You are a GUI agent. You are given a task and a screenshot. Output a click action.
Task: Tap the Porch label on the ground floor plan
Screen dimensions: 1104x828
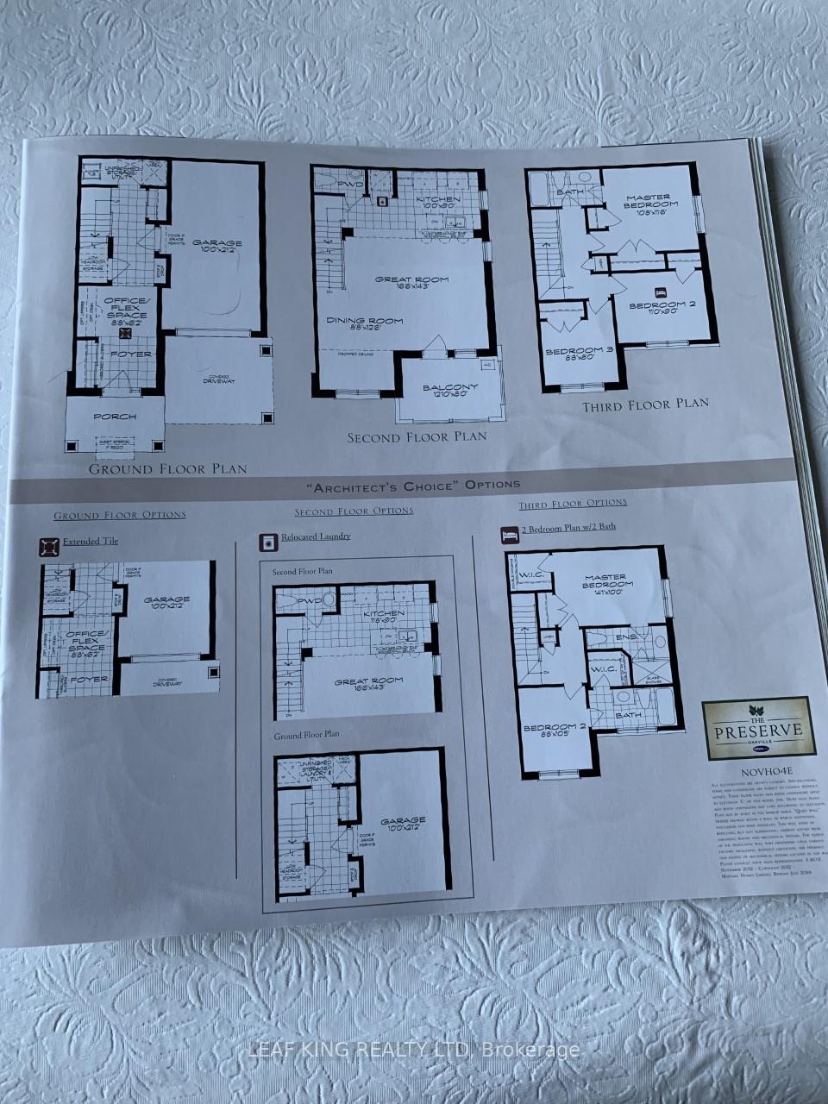(115, 417)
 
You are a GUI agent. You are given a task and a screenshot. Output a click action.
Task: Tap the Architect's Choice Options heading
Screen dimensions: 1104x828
(420, 485)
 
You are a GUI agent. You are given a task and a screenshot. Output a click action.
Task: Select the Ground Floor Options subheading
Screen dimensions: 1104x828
(120, 515)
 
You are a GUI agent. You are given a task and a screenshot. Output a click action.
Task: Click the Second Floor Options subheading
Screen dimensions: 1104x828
(354, 511)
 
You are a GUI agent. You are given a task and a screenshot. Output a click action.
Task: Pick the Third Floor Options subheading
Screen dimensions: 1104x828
(573, 503)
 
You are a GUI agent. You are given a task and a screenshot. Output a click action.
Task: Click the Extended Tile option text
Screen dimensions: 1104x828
(91, 542)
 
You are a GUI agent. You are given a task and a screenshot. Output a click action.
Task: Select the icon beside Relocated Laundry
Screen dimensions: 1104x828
(267, 541)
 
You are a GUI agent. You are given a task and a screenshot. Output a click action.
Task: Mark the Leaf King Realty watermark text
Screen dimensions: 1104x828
(414, 1050)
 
